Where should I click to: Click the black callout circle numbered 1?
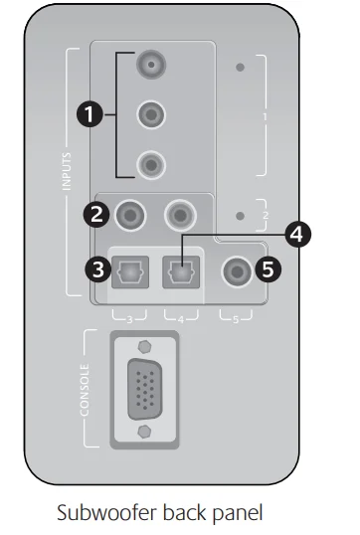[x=91, y=116]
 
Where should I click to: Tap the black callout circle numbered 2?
[x=96, y=212]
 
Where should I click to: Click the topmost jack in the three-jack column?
[x=151, y=67]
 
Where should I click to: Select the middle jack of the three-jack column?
[x=151, y=114]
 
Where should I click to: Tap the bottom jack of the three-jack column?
[x=151, y=161]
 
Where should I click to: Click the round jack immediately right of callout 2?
[x=129, y=212]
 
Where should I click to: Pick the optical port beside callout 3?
[x=129, y=268]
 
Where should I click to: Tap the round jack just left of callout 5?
[x=237, y=268]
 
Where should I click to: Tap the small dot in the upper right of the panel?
[x=241, y=70]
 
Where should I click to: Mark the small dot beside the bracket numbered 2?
[x=241, y=216]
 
